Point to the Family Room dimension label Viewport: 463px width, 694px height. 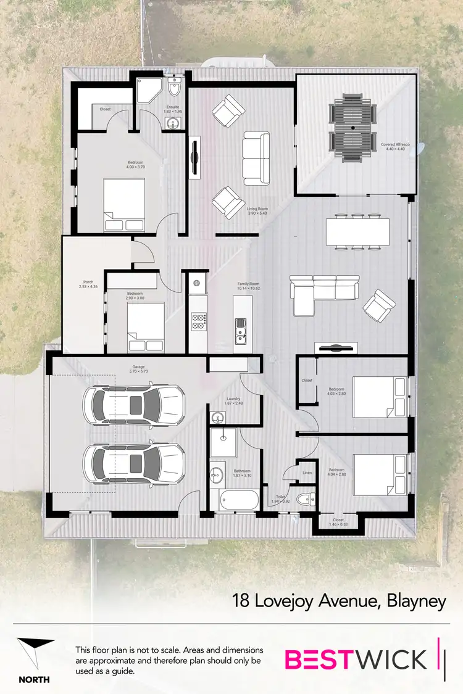click(249, 286)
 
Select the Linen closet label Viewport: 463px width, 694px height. click(307, 473)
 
